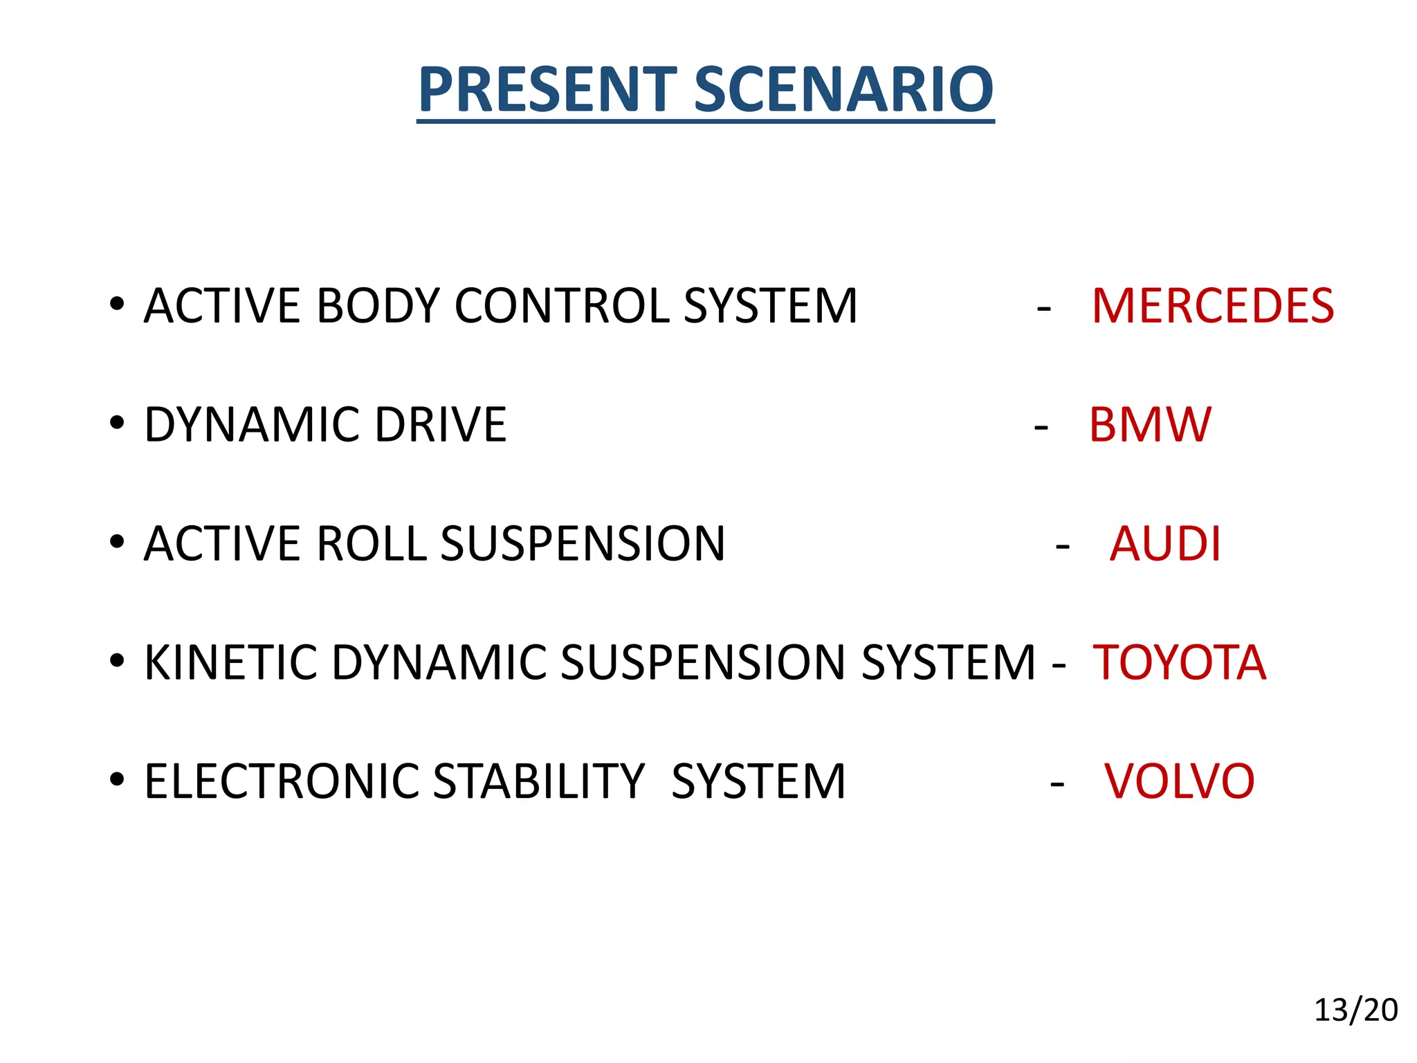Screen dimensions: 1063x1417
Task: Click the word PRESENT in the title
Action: pyautogui.click(x=547, y=89)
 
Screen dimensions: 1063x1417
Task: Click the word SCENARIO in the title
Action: pyautogui.click(x=843, y=89)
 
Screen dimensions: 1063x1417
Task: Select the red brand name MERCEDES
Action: pyautogui.click(x=1212, y=306)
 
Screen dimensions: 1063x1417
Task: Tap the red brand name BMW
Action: pyautogui.click(x=1150, y=424)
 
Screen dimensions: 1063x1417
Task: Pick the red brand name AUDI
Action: pyautogui.click(x=1165, y=543)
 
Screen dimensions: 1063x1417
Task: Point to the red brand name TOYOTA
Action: pyautogui.click(x=1179, y=662)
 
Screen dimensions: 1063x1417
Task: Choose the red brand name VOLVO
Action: pyautogui.click(x=1179, y=781)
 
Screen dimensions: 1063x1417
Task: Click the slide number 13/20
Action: pyautogui.click(x=1355, y=1010)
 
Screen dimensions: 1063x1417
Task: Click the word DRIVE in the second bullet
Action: pyautogui.click(x=441, y=424)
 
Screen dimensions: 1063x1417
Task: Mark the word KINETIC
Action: pyautogui.click(x=230, y=662)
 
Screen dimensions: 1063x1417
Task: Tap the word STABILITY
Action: pyautogui.click(x=539, y=781)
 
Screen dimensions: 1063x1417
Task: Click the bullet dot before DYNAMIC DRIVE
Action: pyautogui.click(x=117, y=422)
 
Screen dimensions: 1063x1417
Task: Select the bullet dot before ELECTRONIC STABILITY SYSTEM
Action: pyautogui.click(x=117, y=779)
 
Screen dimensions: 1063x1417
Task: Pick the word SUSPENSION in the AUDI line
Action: pyautogui.click(x=583, y=543)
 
